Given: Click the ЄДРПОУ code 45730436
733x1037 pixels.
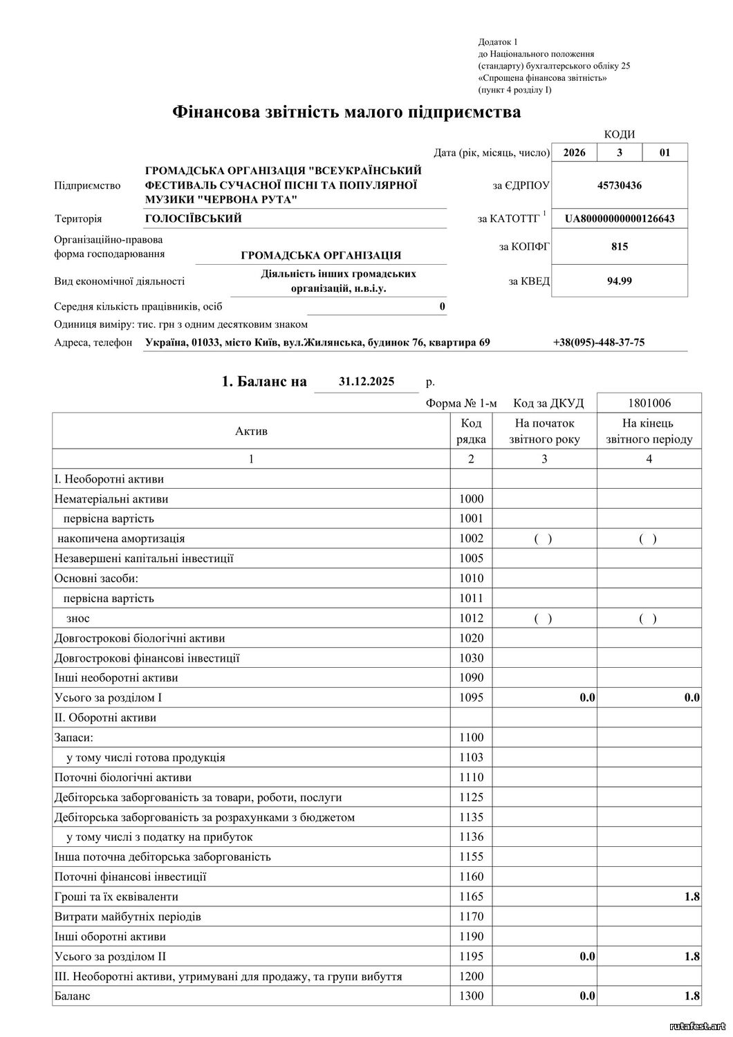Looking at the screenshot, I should (x=620, y=185).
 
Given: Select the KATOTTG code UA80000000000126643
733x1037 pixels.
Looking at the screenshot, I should (x=620, y=219).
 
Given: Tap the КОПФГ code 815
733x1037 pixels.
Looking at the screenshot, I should (x=620, y=246).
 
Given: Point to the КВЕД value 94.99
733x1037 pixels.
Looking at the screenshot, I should (x=620, y=281).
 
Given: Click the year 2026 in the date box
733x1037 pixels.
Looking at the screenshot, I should (x=574, y=153).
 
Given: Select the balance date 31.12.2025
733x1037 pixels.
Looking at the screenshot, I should (x=366, y=381).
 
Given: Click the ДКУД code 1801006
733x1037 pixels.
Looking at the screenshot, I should (x=649, y=403).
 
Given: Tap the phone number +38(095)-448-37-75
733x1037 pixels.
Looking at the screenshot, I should (x=599, y=342).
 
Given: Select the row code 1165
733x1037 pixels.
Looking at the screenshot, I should (x=471, y=897).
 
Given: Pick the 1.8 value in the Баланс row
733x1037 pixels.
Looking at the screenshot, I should (x=692, y=996).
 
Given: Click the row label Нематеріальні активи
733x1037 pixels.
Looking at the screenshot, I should (x=111, y=499).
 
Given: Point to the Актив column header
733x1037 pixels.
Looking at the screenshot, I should (x=251, y=431).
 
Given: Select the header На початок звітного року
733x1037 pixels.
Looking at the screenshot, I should (x=544, y=431).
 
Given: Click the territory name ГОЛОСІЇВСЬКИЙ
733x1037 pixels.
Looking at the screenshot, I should (x=193, y=219).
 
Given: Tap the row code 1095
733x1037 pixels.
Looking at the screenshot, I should (x=471, y=698).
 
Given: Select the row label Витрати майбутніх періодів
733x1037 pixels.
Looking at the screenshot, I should (x=127, y=917).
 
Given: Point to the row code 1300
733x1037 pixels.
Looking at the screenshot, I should (x=471, y=996).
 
